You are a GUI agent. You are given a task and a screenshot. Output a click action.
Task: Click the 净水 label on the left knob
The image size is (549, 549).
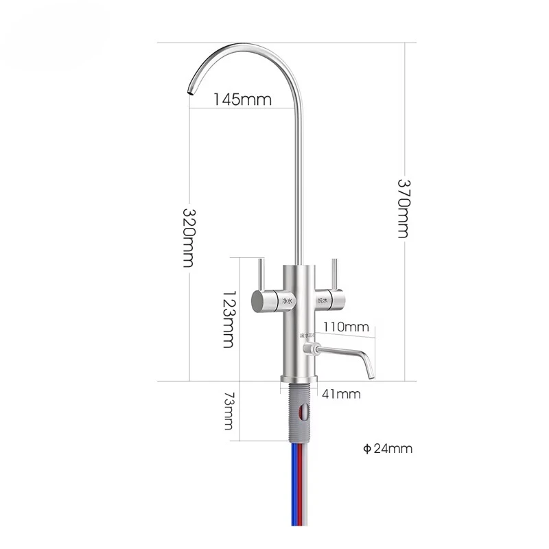285,301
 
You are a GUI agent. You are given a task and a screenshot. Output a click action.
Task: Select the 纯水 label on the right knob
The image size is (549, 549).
321,301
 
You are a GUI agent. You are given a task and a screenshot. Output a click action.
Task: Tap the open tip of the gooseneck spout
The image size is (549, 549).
187,90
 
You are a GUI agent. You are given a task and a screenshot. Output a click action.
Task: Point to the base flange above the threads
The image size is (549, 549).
299,379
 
